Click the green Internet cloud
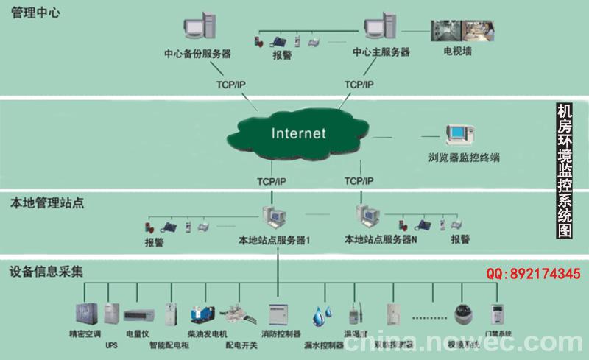point(298,134)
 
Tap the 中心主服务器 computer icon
point(381,27)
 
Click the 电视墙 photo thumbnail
point(457,29)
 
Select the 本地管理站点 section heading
point(46,201)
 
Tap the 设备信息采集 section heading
point(46,271)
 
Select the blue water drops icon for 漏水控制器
point(320,315)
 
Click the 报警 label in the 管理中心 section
point(282,54)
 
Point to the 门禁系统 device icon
point(499,314)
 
